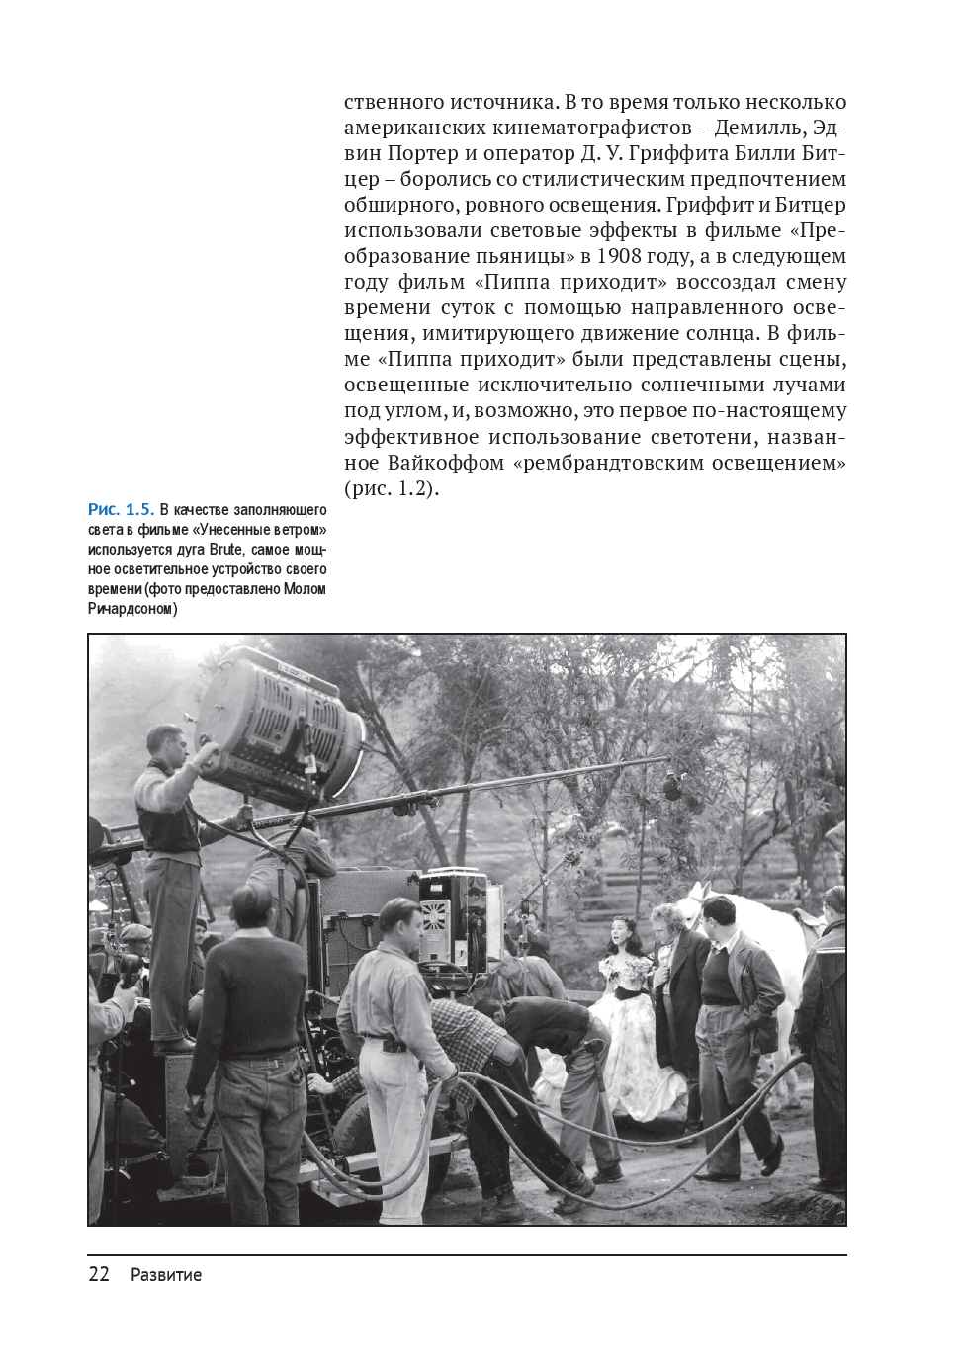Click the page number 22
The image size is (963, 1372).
[x=99, y=1274]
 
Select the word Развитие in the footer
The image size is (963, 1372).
[x=166, y=1275]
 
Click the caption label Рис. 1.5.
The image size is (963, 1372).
[x=121, y=510]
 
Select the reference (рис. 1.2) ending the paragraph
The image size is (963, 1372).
[x=391, y=488]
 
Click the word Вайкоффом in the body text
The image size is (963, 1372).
[x=446, y=462]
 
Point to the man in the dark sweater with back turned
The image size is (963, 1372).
[x=241, y=1058]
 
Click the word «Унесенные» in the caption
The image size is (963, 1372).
[x=231, y=530]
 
